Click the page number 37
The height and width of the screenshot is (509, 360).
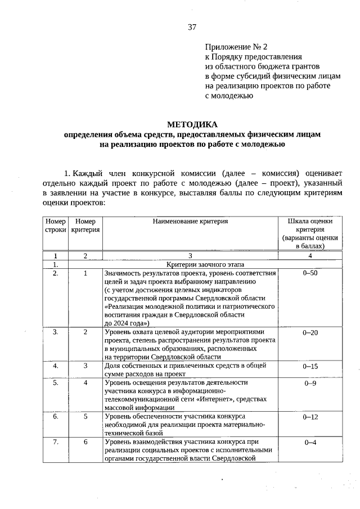point(192,26)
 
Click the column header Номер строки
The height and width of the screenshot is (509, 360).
point(56,226)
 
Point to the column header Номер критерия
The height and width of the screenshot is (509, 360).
point(85,226)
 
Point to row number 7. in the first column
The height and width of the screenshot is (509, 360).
point(56,442)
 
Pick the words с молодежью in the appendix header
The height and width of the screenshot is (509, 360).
point(229,96)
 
